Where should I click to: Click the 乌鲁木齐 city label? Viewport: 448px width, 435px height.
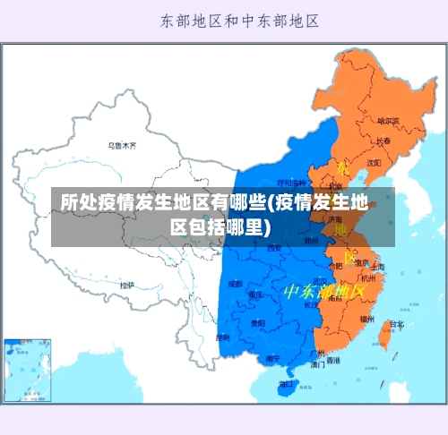(122, 144)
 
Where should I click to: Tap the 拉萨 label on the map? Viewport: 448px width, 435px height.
(127, 285)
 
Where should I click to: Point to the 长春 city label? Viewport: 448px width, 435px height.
(383, 141)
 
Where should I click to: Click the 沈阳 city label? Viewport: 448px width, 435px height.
(374, 162)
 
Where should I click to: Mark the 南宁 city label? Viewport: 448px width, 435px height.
(274, 358)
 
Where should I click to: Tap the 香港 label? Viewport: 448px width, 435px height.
(333, 361)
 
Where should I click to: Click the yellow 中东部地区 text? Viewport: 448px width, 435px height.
(324, 292)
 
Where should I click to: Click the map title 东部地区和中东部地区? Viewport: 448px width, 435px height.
(239, 20)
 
